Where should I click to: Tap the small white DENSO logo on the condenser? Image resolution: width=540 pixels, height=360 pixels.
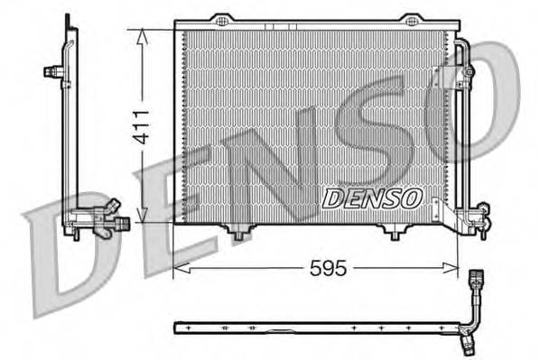pos(371,196)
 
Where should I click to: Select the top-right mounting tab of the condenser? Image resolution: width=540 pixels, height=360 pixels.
pos(410,19)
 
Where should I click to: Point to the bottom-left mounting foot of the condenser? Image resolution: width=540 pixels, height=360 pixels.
pos(238,234)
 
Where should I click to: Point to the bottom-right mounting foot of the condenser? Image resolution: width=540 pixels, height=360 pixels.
pos(394,234)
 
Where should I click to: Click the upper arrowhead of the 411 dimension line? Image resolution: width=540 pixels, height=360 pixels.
pos(141,34)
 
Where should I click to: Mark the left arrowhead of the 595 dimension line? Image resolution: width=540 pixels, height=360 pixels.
pos(179,267)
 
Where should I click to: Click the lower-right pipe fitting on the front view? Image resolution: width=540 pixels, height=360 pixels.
pos(477,217)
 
